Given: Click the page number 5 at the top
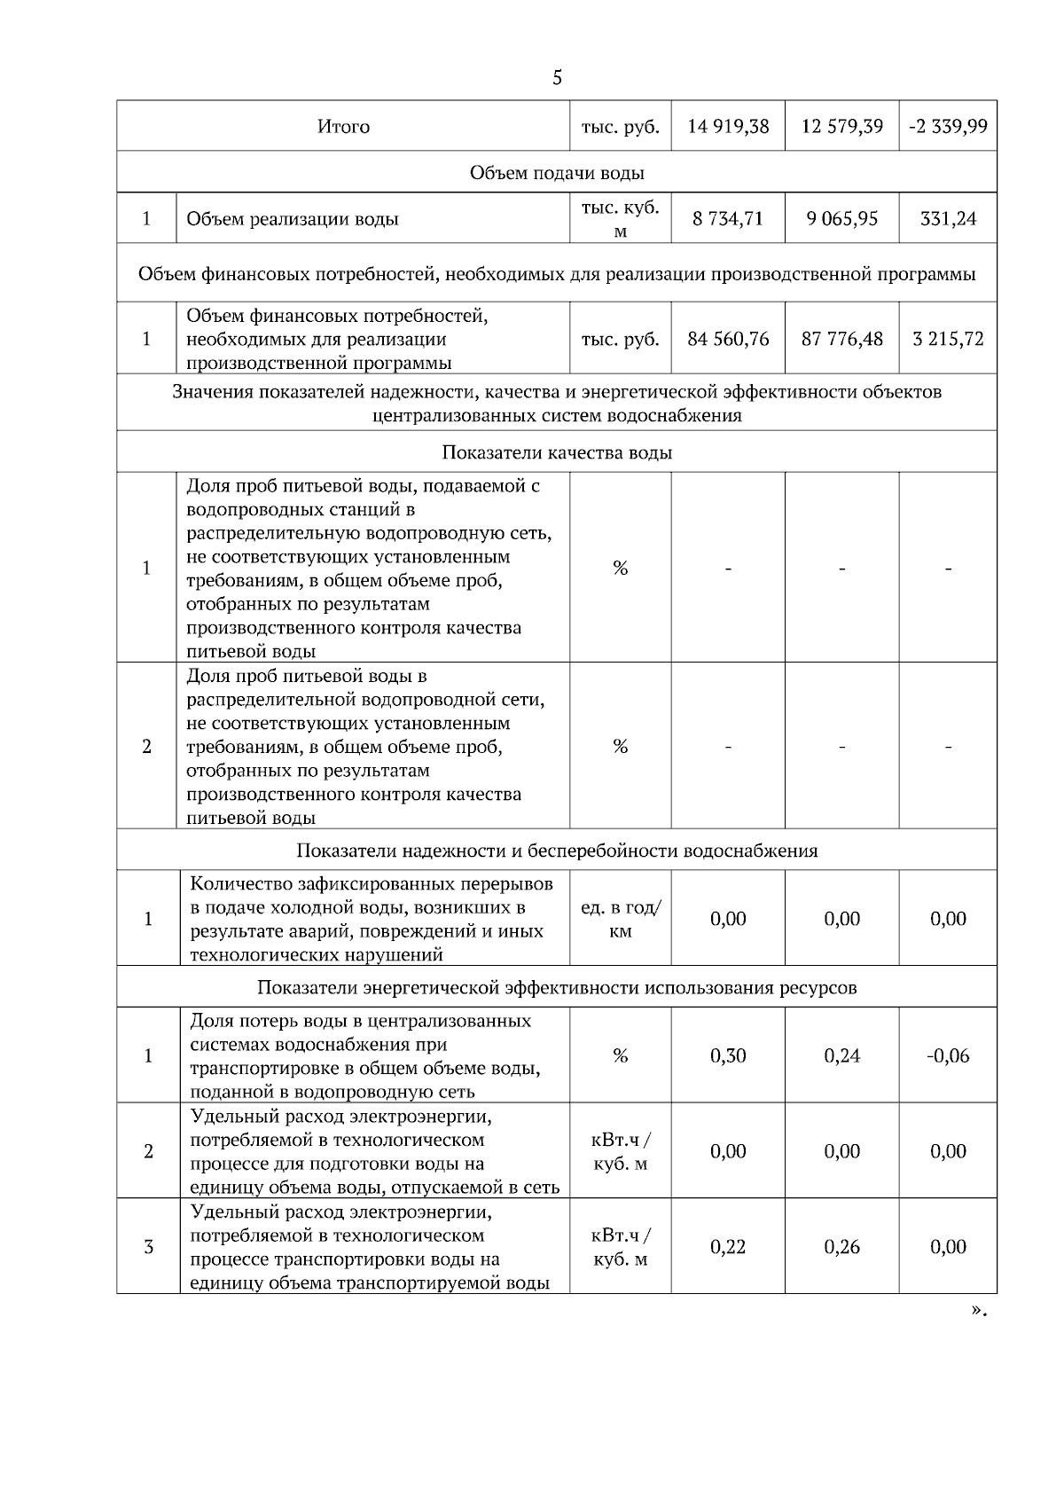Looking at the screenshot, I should (x=557, y=78).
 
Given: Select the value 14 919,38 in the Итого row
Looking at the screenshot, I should (x=728, y=126).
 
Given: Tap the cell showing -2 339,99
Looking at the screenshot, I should (x=948, y=126).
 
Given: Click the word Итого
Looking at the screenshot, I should (x=343, y=127).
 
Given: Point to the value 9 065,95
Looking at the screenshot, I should (x=841, y=218).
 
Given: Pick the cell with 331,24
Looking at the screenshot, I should (x=948, y=218).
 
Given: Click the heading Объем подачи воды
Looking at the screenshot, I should (x=557, y=173).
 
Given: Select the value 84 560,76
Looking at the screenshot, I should (x=728, y=339).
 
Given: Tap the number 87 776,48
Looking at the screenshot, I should (x=841, y=339).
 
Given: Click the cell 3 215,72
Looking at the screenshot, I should (x=948, y=339).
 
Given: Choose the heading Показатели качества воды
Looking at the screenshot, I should (x=557, y=452).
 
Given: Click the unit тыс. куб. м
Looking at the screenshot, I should (x=621, y=218).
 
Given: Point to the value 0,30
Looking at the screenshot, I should (x=728, y=1055).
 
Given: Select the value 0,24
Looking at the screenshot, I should (x=841, y=1055).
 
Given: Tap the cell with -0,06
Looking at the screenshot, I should (x=948, y=1055).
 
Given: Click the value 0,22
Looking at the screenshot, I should (x=728, y=1247).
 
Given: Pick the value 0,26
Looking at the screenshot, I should (x=841, y=1247).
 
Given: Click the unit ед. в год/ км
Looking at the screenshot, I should (x=621, y=919).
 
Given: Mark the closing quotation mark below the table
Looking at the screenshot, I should (x=978, y=1310).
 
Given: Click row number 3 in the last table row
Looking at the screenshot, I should (x=148, y=1247).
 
